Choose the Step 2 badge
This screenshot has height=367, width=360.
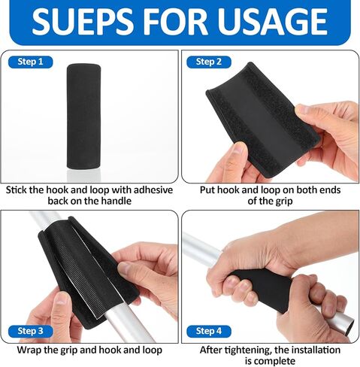click(x=208, y=62)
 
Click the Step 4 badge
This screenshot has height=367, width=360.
click(x=208, y=330)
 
